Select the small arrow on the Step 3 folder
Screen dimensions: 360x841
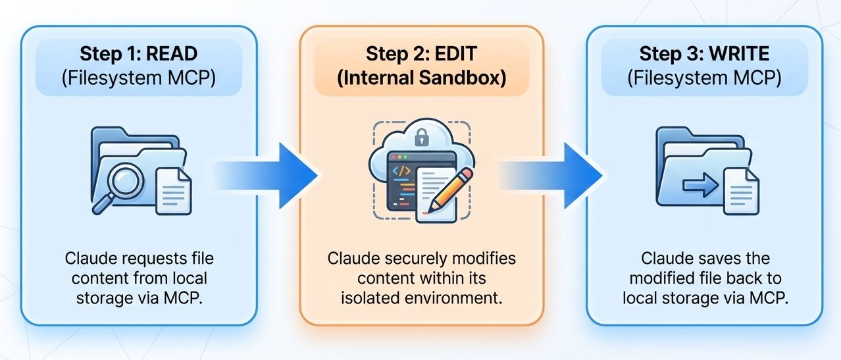point(699,186)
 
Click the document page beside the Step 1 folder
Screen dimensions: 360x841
point(173,190)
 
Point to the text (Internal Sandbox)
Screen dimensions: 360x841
point(422,78)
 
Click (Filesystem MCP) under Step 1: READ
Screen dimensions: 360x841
point(140,78)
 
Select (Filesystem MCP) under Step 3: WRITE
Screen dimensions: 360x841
point(704,78)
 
